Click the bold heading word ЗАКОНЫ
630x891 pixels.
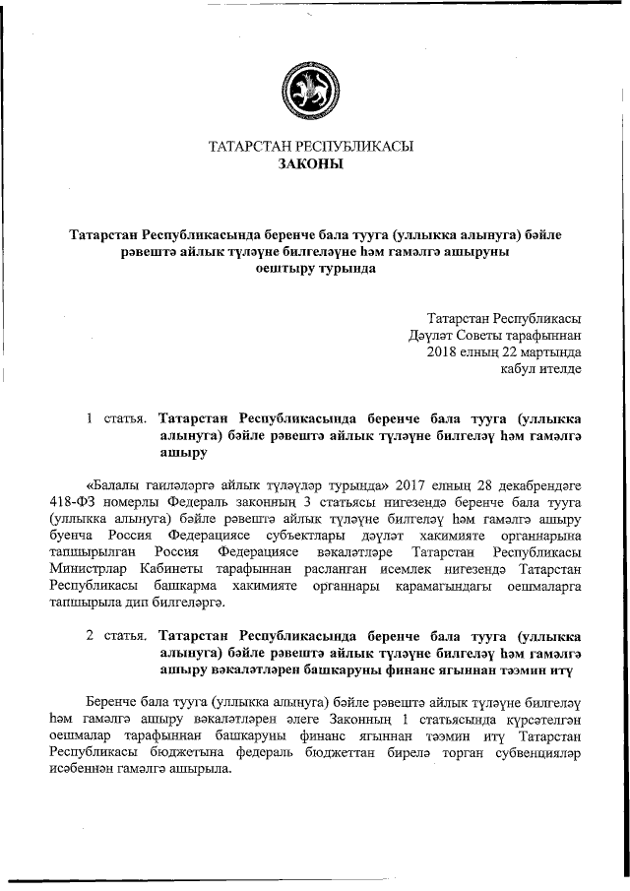coord(310,164)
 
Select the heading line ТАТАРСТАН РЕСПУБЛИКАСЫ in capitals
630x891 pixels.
coord(310,147)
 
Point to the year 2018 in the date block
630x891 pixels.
coord(443,351)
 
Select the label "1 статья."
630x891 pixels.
coord(117,419)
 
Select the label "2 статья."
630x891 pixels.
coord(117,636)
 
